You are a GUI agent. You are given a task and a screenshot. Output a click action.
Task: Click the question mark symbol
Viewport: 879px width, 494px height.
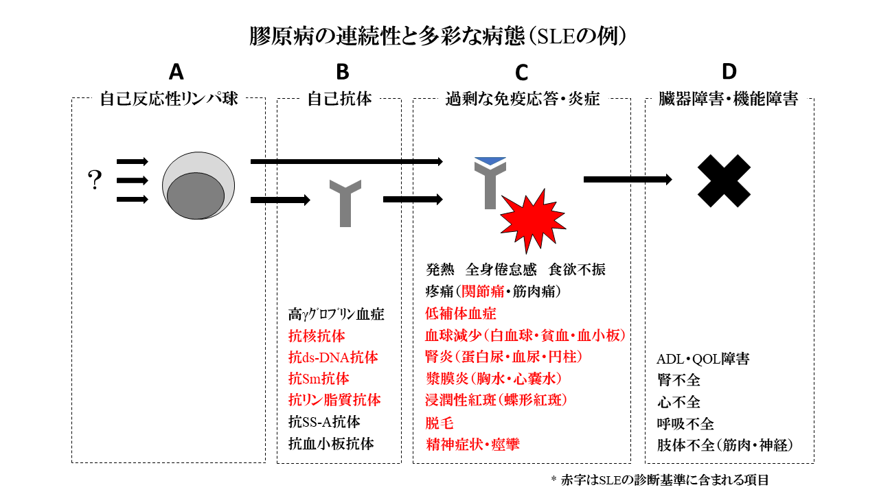[95, 180]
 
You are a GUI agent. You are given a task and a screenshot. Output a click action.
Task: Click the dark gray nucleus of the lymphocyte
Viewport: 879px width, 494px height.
[196, 196]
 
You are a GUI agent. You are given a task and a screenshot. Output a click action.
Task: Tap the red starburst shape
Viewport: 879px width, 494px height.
[533, 221]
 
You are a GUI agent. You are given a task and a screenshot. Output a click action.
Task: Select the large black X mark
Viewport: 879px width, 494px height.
[724, 180]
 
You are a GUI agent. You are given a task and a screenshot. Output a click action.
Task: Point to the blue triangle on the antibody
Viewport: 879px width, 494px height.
[490, 161]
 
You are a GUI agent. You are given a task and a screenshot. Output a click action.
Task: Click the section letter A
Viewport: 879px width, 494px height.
[176, 72]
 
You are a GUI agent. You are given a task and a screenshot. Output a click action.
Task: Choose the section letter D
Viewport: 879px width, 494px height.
[729, 72]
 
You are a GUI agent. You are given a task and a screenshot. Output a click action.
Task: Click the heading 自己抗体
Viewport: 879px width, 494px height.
[339, 99]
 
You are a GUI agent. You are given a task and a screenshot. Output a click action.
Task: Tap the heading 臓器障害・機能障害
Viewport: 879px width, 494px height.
[729, 99]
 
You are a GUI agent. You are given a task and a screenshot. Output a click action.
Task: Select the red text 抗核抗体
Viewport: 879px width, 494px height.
[317, 336]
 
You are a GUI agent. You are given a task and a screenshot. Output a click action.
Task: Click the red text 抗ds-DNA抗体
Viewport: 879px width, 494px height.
[333, 357]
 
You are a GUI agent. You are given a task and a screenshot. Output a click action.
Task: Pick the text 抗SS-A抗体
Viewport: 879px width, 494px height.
[324, 422]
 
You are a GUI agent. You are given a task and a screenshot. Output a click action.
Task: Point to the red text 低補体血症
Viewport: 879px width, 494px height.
[461, 314]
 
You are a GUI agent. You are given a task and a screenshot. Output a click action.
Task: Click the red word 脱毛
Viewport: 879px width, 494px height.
[439, 423]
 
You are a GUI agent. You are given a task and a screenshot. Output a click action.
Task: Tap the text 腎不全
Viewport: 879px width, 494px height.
[679, 380]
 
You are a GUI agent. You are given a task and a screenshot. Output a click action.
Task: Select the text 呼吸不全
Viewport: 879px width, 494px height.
[685, 424]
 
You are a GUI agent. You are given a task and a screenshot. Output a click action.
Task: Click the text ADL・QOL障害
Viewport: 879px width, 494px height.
[703, 359]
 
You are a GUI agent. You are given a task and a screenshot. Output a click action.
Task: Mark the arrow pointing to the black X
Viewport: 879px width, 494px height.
[628, 180]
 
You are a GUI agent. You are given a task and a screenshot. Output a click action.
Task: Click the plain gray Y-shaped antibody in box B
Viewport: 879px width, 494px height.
[345, 203]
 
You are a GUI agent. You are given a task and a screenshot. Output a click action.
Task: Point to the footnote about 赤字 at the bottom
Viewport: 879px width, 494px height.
[660, 480]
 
